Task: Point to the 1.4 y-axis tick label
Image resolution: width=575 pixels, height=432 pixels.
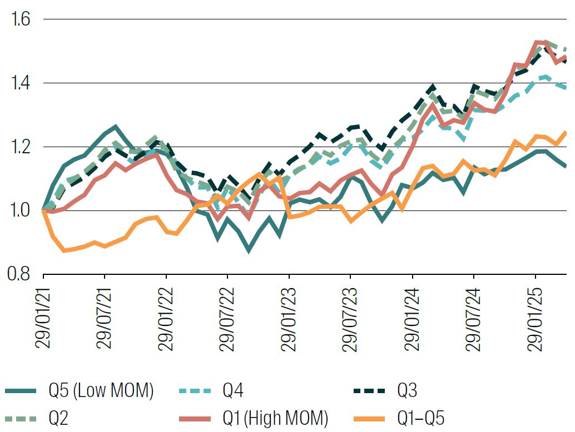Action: tap(19, 83)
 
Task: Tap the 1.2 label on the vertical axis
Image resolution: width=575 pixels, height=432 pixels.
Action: tap(19, 147)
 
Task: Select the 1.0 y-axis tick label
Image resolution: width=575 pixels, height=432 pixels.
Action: tap(19, 211)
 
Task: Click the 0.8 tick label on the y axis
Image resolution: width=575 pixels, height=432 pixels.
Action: tap(19, 274)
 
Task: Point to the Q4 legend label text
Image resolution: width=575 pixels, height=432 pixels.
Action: tap(233, 391)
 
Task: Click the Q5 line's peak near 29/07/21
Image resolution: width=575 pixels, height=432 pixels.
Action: tap(115, 127)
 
